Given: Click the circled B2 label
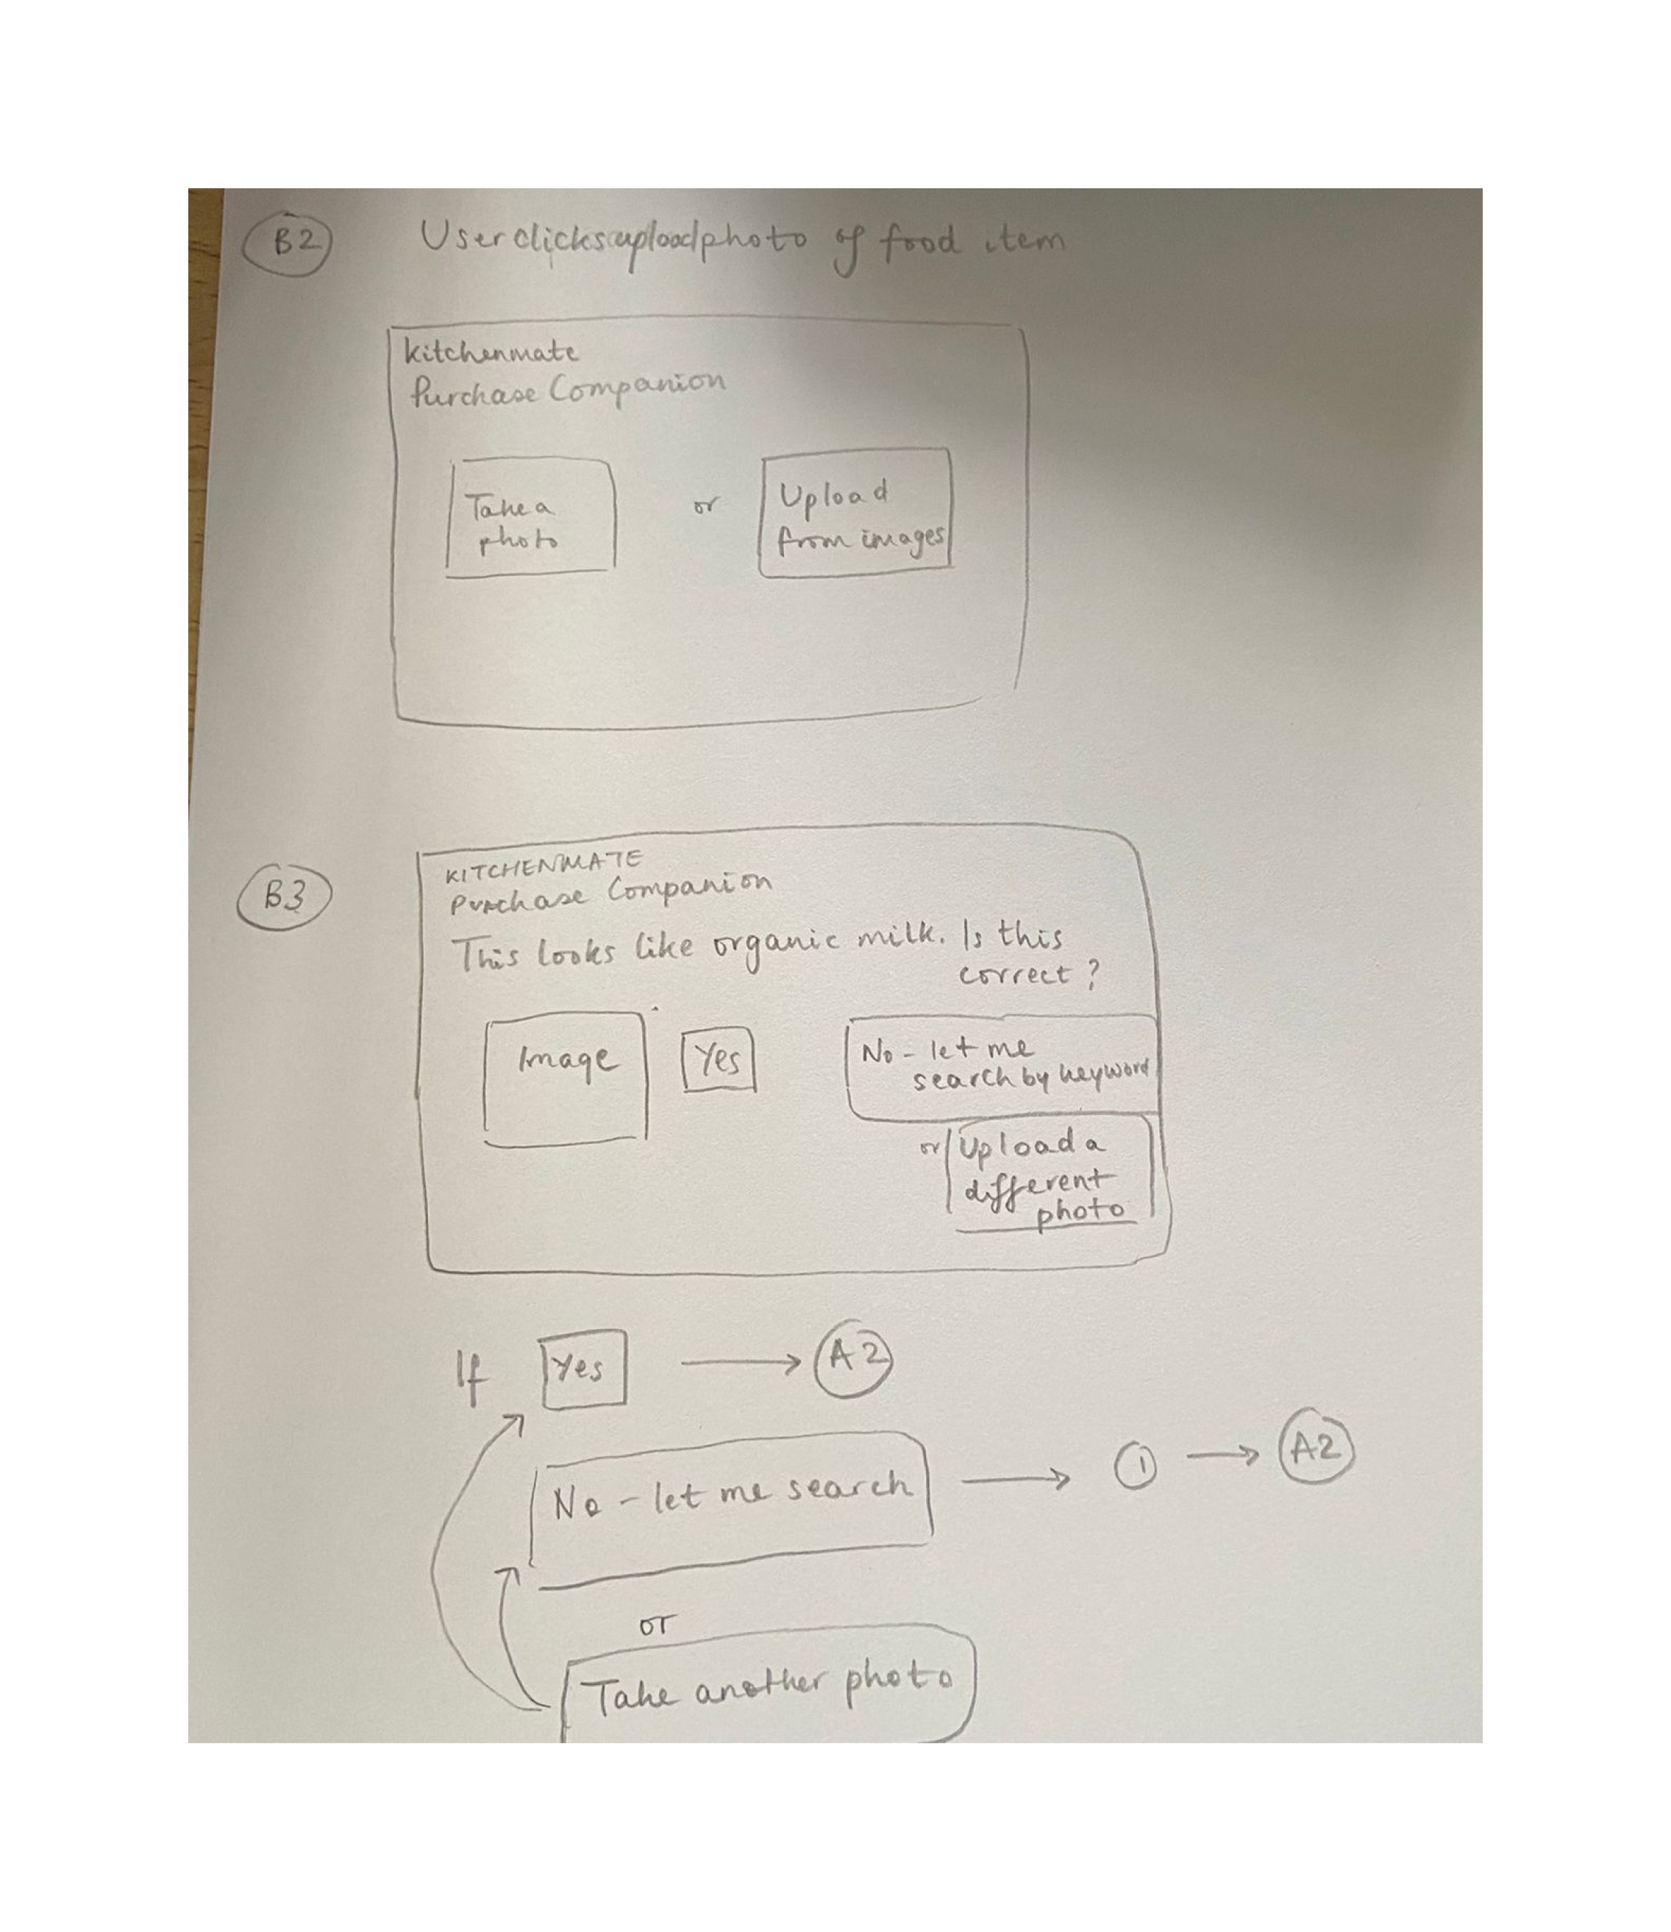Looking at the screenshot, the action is (x=288, y=244).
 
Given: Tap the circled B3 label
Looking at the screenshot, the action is (x=285, y=897).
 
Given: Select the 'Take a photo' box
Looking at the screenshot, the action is (x=530, y=518).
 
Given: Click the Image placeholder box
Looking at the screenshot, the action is (x=565, y=1078).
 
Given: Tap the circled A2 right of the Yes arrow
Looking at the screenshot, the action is (x=853, y=1358).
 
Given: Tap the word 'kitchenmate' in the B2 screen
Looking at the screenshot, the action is (x=491, y=352).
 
